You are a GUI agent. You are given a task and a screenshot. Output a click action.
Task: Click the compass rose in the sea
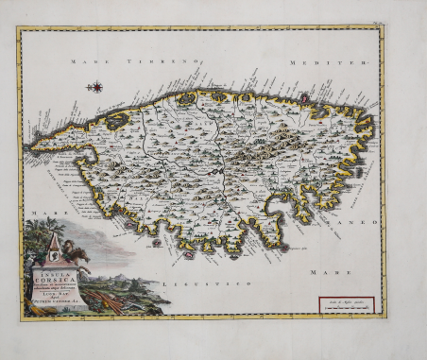(x=95, y=87)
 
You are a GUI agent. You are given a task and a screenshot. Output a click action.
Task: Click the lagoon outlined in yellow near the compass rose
(x=117, y=121)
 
